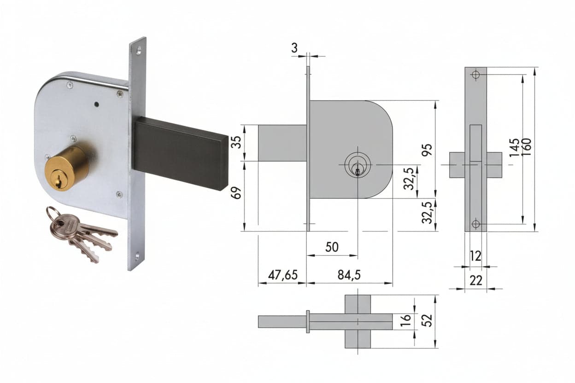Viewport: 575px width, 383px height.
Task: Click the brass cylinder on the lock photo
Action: tap(67, 168)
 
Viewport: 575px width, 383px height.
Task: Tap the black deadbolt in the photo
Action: tap(181, 153)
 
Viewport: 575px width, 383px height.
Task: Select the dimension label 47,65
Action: tap(282, 275)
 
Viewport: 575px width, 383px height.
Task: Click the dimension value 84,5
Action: tap(349, 275)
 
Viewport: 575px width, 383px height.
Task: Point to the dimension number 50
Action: tap(332, 247)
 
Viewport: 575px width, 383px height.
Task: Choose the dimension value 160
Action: tap(526, 147)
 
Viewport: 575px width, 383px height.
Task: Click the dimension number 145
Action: tap(514, 147)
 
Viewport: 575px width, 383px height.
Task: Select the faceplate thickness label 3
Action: tap(294, 48)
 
